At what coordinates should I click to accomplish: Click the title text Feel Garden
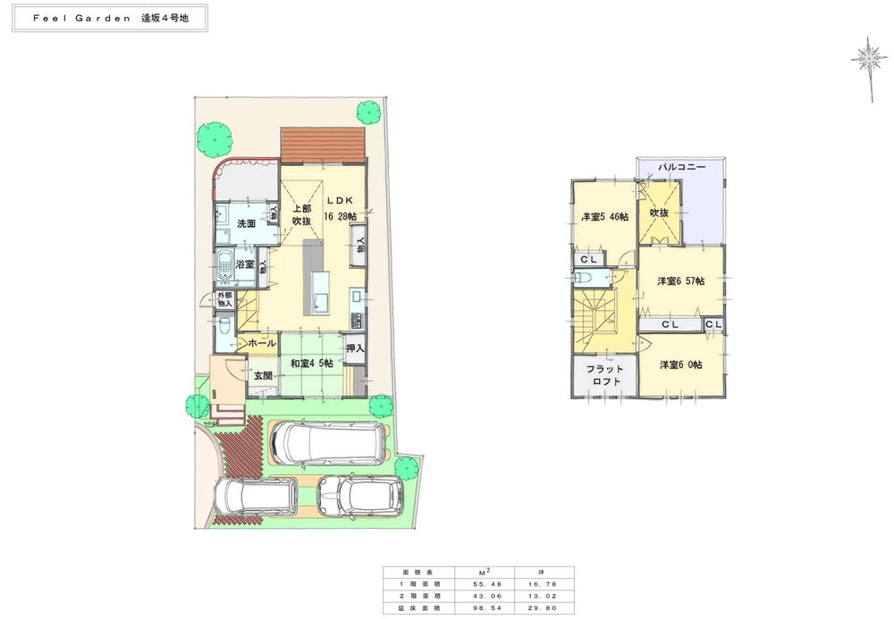(77, 19)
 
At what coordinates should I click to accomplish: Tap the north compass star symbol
(866, 59)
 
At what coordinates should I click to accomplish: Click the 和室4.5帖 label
(312, 364)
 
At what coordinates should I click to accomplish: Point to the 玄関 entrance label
(262, 376)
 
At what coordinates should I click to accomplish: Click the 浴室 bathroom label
(246, 265)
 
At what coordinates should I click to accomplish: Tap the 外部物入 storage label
(223, 299)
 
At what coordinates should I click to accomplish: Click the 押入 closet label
(355, 347)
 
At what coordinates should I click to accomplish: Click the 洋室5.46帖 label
(604, 217)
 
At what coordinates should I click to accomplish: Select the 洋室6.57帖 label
(680, 281)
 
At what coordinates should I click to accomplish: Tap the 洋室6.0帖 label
(680, 364)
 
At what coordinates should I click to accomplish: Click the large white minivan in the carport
(329, 442)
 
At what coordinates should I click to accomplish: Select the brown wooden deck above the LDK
(323, 143)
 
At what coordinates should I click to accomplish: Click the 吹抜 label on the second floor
(660, 213)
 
